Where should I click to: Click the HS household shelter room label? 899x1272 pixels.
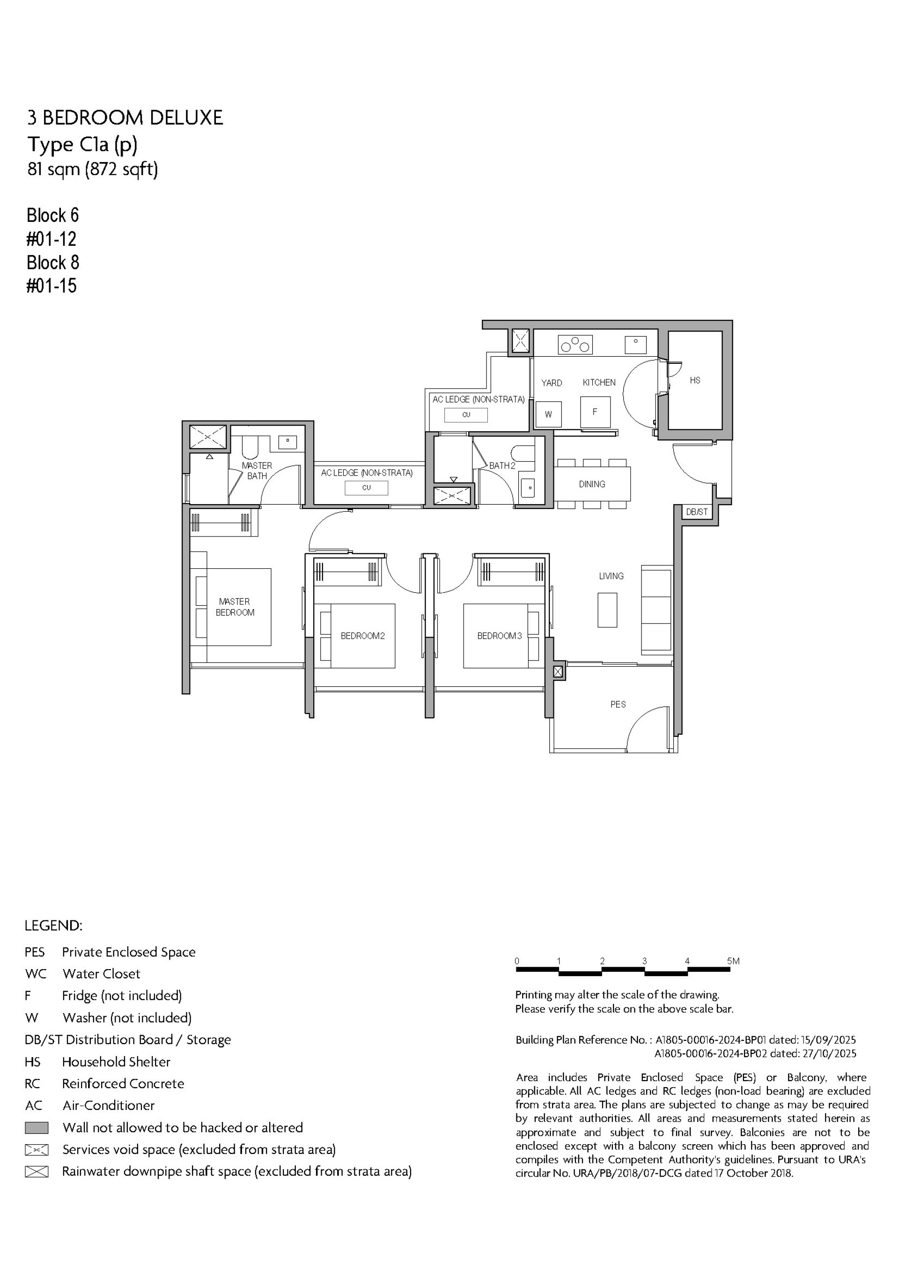[695, 380]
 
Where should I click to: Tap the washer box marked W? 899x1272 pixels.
[548, 414]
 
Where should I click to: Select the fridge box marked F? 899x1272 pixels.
[595, 412]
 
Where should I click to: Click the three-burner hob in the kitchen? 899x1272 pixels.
[575, 345]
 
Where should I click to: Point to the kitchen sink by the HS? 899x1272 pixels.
[635, 345]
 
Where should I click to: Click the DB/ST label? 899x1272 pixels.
[696, 512]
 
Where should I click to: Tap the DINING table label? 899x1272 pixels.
[592, 484]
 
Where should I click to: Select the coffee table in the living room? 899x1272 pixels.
[607, 610]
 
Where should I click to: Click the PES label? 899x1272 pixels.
[618, 704]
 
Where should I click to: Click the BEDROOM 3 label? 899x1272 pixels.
[500, 636]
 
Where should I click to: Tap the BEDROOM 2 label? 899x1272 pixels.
[362, 636]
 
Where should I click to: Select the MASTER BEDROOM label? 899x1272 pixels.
[235, 607]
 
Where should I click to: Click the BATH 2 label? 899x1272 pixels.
[502, 465]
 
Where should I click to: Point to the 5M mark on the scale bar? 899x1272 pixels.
[733, 961]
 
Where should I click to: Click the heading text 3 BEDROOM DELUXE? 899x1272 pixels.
[125, 118]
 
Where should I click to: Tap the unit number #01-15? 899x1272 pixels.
[52, 286]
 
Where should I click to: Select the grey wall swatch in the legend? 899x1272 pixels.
[37, 1128]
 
